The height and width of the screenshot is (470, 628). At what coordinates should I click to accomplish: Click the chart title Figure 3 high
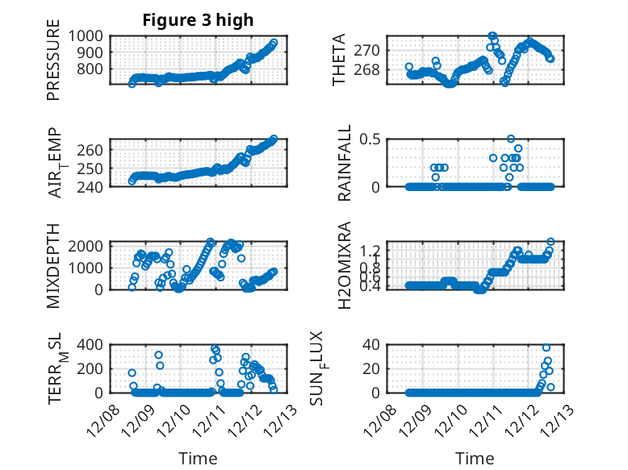coord(198,20)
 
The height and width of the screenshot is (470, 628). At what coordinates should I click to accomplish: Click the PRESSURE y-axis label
coord(53,64)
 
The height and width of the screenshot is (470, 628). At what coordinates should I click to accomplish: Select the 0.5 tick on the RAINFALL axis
coord(368,139)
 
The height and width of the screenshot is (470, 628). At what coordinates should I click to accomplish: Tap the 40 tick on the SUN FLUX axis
coord(371,345)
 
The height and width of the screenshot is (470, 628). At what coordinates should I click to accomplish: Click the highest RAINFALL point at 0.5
coord(511,139)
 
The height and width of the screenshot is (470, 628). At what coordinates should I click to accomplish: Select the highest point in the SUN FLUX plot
coord(546,347)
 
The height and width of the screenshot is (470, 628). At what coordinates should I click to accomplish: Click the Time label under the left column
coord(198,458)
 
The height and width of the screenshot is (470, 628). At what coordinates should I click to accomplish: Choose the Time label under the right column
coord(475,458)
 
